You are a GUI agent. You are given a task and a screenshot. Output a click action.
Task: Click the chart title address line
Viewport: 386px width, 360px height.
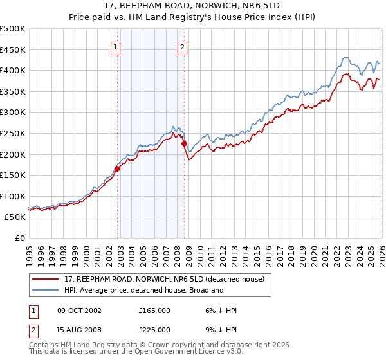193,6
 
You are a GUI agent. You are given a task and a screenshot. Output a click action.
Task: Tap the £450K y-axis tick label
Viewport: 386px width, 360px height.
13,50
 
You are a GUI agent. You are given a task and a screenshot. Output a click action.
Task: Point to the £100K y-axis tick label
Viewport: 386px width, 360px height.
13,196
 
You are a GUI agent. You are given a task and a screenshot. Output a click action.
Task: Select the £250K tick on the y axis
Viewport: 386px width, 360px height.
13,133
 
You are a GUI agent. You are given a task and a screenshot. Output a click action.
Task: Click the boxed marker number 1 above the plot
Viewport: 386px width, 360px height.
115,47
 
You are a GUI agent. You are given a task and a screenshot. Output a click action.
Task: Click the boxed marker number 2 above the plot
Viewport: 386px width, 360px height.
183,47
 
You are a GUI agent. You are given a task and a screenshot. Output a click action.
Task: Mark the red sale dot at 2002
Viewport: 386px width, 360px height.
118,169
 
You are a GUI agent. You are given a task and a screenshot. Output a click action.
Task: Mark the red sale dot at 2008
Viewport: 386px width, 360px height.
184,144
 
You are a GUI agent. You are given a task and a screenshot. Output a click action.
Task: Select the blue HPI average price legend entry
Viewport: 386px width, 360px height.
143,290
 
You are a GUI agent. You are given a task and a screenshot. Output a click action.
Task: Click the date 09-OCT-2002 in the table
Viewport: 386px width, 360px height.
79,310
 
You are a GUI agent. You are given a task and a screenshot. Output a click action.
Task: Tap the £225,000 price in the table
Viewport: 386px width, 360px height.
154,330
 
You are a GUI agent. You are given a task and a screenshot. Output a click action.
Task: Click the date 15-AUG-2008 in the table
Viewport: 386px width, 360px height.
79,330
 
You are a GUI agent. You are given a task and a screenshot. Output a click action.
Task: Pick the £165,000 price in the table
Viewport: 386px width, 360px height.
154,310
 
